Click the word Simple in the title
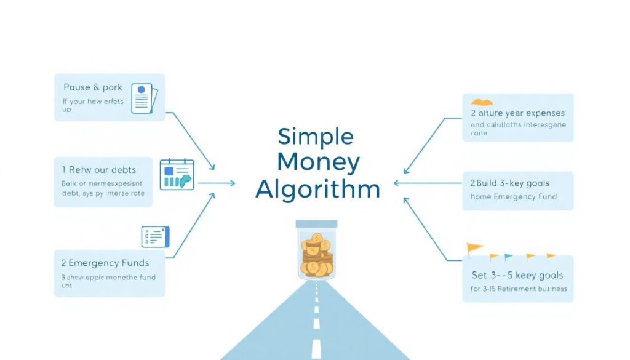coord(316,137)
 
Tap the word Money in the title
coord(318,163)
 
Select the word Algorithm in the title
coord(317,190)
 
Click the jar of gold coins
coord(316,254)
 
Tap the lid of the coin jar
coord(316,224)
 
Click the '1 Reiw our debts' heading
coord(98,170)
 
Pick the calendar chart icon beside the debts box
coord(177,174)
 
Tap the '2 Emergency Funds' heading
coord(104,263)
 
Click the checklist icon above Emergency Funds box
coord(155,236)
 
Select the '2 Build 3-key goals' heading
coord(509,183)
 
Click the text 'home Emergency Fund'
coord(513,197)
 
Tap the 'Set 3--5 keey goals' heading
coord(516,276)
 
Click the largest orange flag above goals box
coord(474,249)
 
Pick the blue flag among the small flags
coord(508,257)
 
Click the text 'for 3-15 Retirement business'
coord(519,289)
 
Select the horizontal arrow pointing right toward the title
coord(216,183)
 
